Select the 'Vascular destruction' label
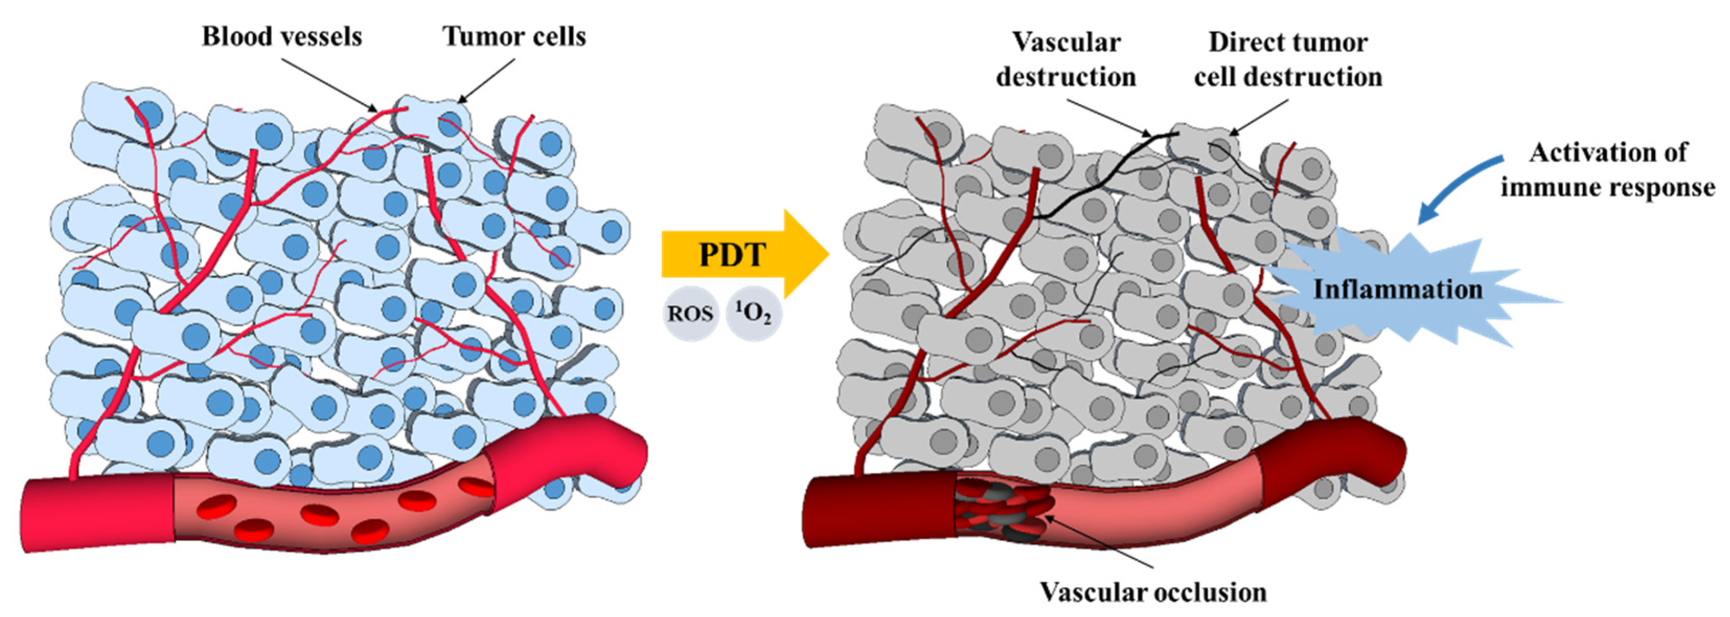click(x=1066, y=60)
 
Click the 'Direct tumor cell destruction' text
click(x=1287, y=60)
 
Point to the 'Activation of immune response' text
click(x=1608, y=170)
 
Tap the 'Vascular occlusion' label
click(x=1153, y=592)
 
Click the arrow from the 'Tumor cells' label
click(x=487, y=81)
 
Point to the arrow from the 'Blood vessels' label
click(x=329, y=84)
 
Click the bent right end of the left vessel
click(x=604, y=447)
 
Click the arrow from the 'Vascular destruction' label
click(x=1108, y=118)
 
